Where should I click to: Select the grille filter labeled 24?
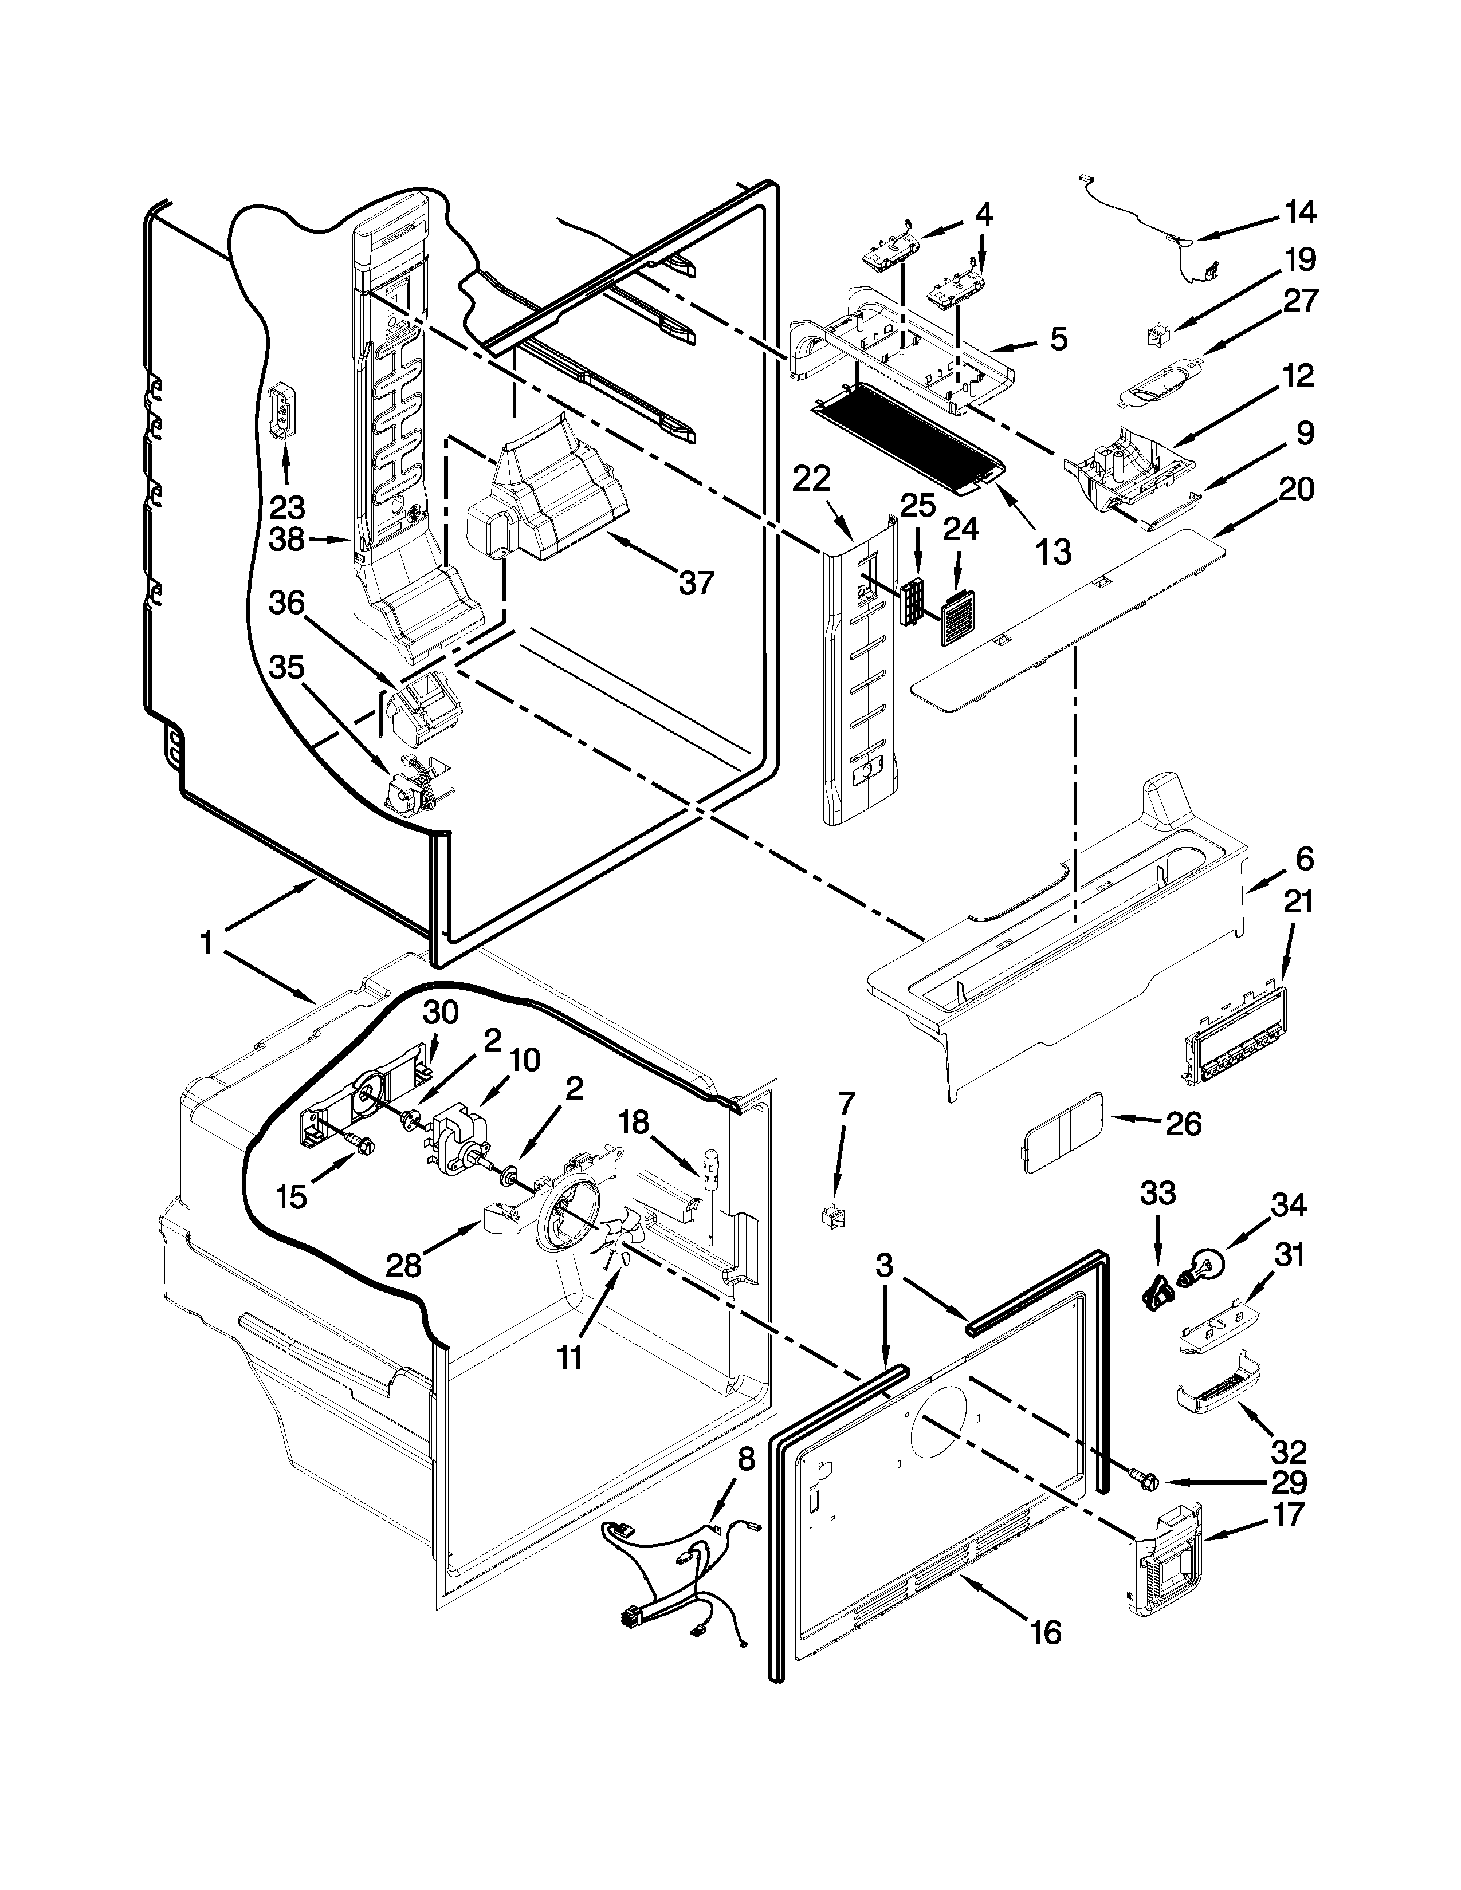[957, 620]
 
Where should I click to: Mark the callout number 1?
[206, 942]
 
